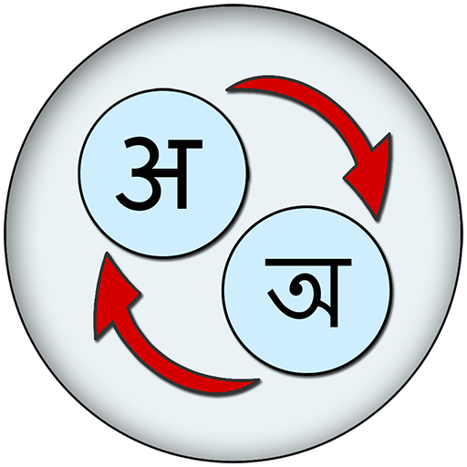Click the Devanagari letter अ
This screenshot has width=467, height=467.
pos(160,173)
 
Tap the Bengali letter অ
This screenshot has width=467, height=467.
pos(308,292)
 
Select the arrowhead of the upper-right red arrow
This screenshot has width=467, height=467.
pos(370,180)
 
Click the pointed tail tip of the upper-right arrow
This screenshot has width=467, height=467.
pos(227,90)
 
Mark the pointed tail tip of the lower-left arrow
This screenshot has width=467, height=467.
pos(260,380)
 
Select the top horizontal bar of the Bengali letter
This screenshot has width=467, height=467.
pos(308,262)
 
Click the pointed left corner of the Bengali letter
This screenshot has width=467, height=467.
pos(268,293)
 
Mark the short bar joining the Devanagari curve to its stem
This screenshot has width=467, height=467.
pos(167,173)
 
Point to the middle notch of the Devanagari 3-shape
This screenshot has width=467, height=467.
pos(136,171)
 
